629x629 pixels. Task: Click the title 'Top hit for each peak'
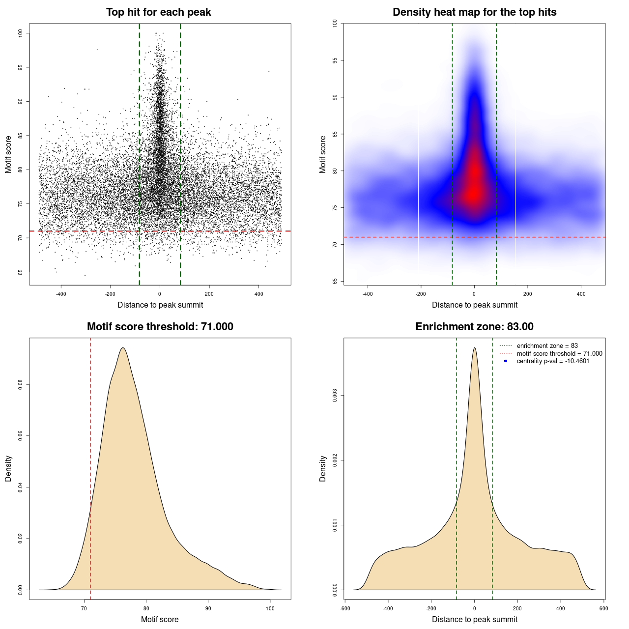[x=158, y=12]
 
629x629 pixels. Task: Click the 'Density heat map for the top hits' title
[x=474, y=12]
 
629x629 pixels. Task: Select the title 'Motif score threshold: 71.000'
[x=160, y=327]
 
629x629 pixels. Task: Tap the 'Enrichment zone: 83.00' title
[x=474, y=327]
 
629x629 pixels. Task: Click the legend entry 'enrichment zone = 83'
[x=547, y=346]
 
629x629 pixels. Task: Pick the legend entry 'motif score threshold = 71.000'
[x=559, y=353]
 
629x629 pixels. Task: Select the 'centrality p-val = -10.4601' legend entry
[x=553, y=361]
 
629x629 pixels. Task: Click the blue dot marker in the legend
[x=506, y=361]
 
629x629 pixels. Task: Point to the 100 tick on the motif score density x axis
[x=270, y=608]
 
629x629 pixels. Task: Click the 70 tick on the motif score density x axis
[x=84, y=608]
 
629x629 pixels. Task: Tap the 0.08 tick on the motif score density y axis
[x=21, y=384]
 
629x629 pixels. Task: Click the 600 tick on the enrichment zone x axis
[x=604, y=608]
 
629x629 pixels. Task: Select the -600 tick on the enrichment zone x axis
[x=345, y=608]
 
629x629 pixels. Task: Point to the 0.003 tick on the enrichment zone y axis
[x=335, y=396]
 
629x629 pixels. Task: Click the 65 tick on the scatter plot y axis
[x=21, y=272]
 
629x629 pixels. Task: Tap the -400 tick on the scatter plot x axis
[x=61, y=294]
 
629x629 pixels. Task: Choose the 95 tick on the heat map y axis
[x=335, y=60]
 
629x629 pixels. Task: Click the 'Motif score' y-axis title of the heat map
[x=323, y=154]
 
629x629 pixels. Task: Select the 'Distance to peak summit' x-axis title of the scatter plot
[x=160, y=305]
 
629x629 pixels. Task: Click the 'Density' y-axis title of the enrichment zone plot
[x=323, y=468]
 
